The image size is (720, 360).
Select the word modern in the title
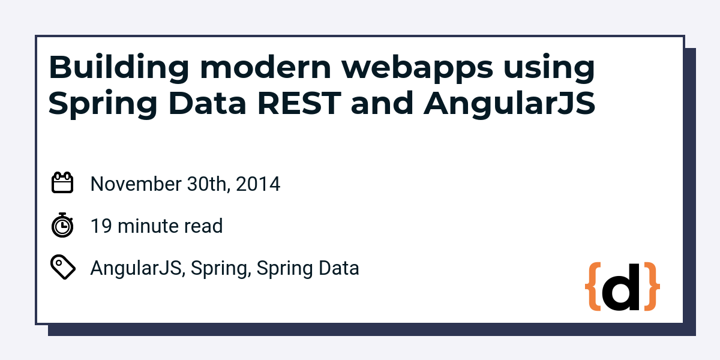click(x=265, y=67)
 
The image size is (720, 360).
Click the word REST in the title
click(x=299, y=103)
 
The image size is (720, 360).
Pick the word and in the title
click(x=382, y=103)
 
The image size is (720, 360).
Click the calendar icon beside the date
click(x=62, y=182)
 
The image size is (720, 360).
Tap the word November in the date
click(x=136, y=184)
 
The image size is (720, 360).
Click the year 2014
click(x=258, y=184)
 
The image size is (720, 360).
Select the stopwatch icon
click(x=62, y=225)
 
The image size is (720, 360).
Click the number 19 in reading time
click(x=101, y=226)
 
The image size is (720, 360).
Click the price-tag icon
click(x=63, y=267)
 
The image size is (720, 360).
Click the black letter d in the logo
click(x=620, y=287)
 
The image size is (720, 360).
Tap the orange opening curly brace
click(x=593, y=287)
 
